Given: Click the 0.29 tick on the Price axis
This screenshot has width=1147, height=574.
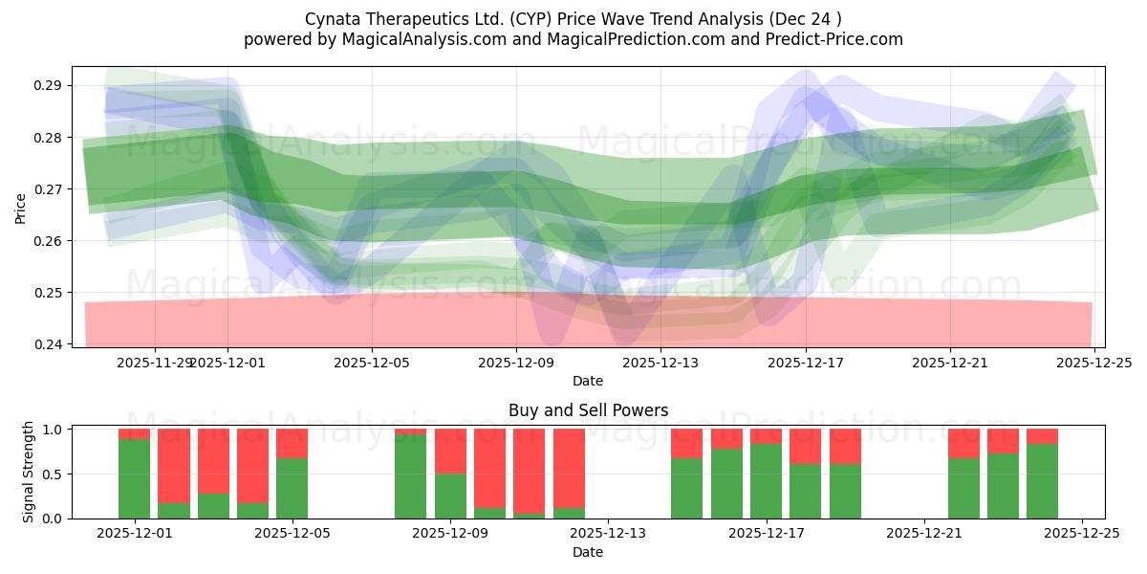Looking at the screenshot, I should click(x=49, y=85).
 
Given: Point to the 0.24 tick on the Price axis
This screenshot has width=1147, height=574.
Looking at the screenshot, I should click(x=49, y=344).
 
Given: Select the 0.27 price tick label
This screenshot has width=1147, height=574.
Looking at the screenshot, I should click(x=49, y=189).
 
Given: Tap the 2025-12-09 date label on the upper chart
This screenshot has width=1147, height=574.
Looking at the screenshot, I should click(x=516, y=363).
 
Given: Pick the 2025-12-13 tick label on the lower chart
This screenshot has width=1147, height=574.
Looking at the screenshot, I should click(x=608, y=534).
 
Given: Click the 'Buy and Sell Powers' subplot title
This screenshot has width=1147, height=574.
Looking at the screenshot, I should click(x=588, y=410).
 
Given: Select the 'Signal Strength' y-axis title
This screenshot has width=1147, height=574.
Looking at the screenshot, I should click(x=29, y=472).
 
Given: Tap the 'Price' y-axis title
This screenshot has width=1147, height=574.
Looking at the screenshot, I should click(x=21, y=208).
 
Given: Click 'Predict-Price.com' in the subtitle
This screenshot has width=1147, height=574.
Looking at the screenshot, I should click(x=839, y=39).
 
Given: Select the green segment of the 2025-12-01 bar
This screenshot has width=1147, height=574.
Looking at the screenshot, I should click(x=134, y=478).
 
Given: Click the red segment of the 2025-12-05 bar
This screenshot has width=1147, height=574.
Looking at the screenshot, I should click(x=292, y=443).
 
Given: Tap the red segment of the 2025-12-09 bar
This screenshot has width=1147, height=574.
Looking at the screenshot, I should click(x=450, y=451).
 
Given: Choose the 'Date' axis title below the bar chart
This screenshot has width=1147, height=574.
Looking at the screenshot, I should click(x=588, y=552).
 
